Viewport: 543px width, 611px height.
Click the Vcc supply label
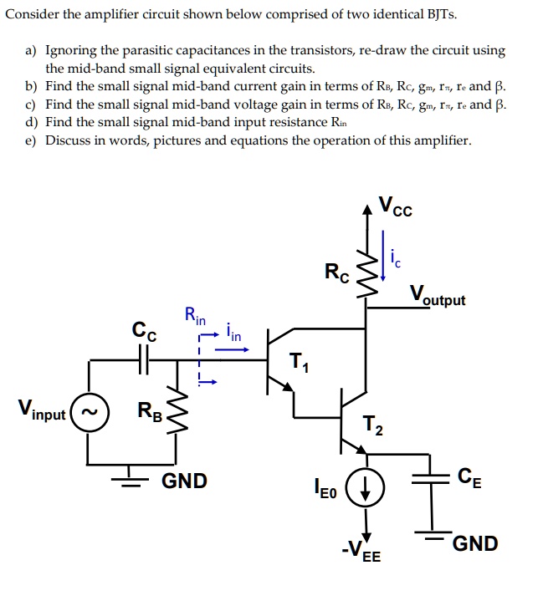pyautogui.click(x=395, y=205)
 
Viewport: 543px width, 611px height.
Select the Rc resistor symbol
pyautogui.click(x=366, y=272)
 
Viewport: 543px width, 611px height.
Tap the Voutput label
pyautogui.click(x=438, y=296)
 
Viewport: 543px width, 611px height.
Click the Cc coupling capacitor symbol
pyautogui.click(x=143, y=359)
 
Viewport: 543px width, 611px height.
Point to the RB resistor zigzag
pyautogui.click(x=176, y=410)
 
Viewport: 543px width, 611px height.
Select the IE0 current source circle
pyautogui.click(x=366, y=485)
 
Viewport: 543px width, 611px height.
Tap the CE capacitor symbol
pyautogui.click(x=433, y=484)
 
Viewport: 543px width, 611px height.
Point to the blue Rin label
pyautogui.click(x=194, y=317)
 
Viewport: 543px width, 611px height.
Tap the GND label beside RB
pyautogui.click(x=184, y=481)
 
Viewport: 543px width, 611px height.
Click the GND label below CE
pyautogui.click(x=474, y=544)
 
